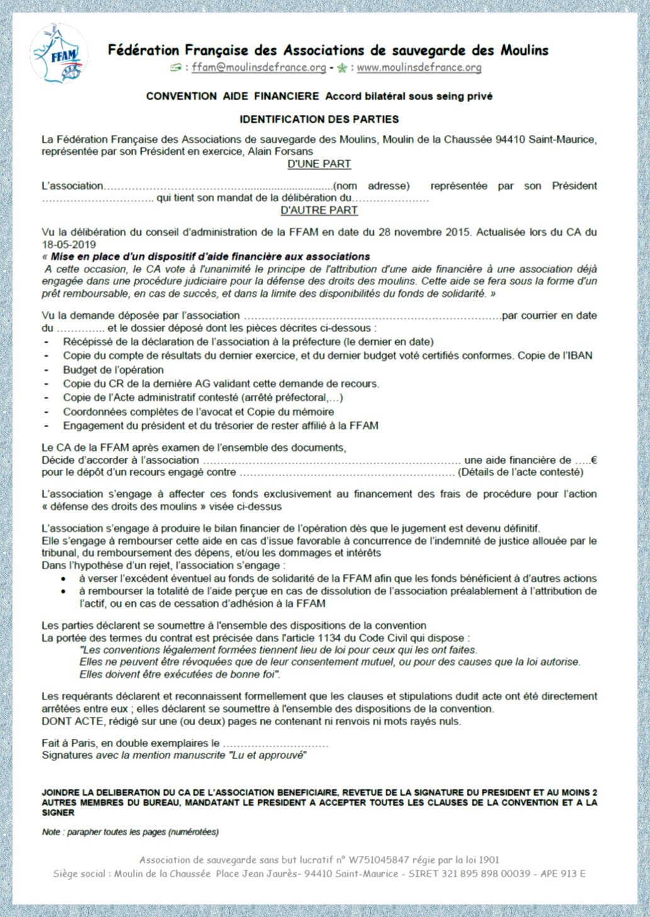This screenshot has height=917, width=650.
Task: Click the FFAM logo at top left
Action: point(59,55)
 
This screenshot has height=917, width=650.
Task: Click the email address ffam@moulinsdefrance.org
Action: point(259,67)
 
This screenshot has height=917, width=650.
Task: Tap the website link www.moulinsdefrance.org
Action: point(419,67)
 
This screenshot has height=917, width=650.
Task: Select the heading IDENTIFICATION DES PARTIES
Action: point(319,119)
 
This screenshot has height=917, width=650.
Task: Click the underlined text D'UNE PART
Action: point(319,164)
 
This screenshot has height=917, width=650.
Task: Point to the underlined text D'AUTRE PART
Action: point(319,211)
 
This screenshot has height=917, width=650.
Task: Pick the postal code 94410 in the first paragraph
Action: point(510,140)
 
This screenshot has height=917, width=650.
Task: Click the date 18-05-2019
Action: point(69,245)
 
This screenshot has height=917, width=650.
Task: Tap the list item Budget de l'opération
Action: point(113,370)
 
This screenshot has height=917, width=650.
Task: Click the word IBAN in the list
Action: point(579,356)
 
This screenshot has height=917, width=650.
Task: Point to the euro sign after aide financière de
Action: point(594,460)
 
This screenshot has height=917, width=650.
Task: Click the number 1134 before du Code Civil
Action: point(329,638)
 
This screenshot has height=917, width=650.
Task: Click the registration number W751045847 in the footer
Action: point(379,860)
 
